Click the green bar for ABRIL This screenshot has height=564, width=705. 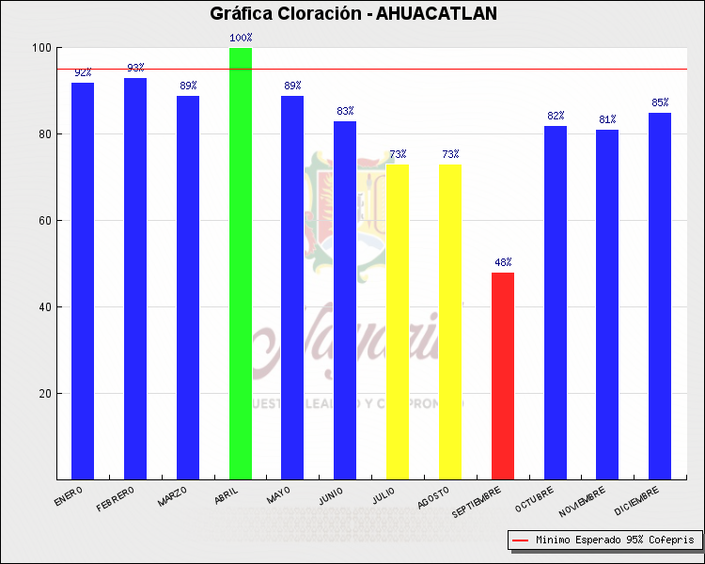(241, 263)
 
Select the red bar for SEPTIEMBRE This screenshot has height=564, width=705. (503, 375)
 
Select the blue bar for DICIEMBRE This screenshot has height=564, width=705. (660, 295)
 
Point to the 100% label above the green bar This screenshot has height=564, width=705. (241, 38)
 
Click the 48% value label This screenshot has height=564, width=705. (503, 262)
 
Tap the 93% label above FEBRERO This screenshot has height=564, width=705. (135, 68)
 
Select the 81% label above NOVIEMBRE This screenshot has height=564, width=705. (607, 119)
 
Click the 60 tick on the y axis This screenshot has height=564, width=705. (44, 221)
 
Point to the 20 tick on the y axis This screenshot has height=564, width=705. (44, 394)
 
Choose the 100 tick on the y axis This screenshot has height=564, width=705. (41, 48)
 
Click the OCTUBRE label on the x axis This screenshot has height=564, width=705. (534, 498)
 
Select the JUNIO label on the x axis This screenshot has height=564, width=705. (331, 496)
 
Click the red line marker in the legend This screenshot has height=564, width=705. (520, 540)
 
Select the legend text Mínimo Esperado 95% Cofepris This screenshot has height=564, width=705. (615, 540)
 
